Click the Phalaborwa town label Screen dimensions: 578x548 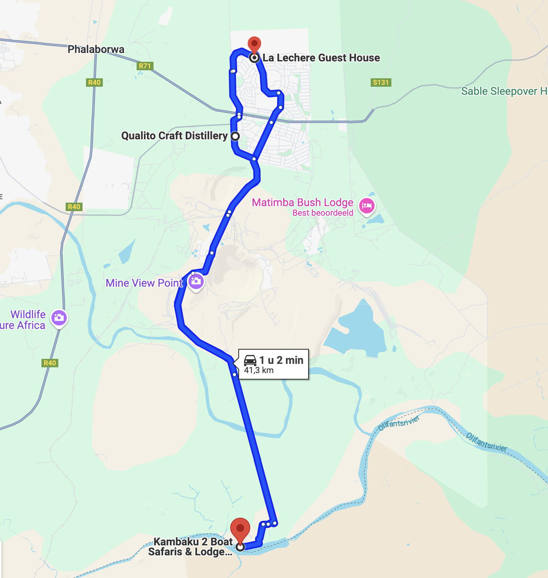(x=96, y=50)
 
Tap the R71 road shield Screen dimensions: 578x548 (x=145, y=66)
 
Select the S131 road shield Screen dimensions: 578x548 (x=381, y=83)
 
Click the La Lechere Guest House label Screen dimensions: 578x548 (x=321, y=58)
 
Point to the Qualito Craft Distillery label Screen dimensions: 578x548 (x=174, y=136)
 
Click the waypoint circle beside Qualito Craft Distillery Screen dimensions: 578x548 (x=235, y=136)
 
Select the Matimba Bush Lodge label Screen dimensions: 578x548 (x=302, y=203)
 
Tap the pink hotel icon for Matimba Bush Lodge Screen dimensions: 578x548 (x=366, y=206)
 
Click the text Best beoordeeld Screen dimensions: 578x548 (x=323, y=213)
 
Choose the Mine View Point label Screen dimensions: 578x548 (x=144, y=283)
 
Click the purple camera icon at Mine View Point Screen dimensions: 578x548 (x=196, y=282)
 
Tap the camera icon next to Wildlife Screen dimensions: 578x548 (x=59, y=318)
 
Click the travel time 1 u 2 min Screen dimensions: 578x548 (x=281, y=360)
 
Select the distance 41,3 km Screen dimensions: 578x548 (x=259, y=370)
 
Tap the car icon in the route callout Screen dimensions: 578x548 (x=250, y=360)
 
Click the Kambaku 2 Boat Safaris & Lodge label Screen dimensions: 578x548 (x=191, y=547)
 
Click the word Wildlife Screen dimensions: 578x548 (x=28, y=315)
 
